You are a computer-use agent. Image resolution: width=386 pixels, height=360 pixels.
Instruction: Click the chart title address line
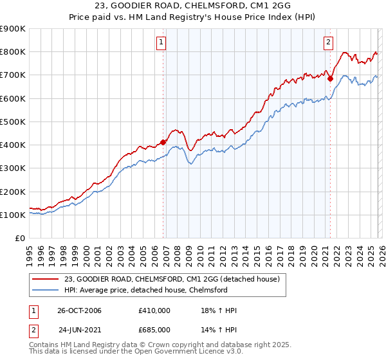click(193, 6)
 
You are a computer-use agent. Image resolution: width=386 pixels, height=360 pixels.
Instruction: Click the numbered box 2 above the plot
click(328, 43)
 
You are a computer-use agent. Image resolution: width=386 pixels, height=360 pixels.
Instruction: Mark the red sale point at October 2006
click(163, 142)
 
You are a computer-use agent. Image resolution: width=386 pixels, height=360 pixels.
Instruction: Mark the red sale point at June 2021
click(330, 79)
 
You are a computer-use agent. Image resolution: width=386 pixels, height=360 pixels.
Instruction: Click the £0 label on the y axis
click(20, 238)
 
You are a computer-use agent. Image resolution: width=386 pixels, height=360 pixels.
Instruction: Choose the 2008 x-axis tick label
click(177, 255)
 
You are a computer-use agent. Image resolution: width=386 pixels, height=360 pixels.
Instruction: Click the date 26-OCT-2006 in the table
click(80, 310)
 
